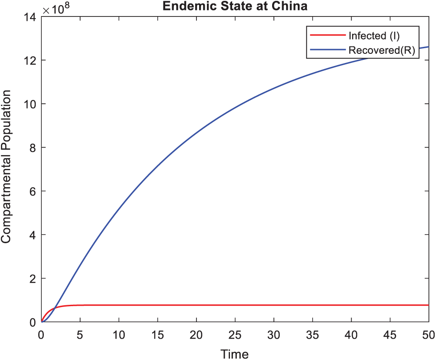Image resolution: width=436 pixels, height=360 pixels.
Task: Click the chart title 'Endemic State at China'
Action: click(235, 7)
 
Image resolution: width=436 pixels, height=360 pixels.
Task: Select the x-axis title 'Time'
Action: click(235, 353)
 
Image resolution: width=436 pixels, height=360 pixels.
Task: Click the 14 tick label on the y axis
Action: click(31, 17)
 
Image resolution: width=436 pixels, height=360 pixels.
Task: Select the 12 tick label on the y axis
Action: click(31, 60)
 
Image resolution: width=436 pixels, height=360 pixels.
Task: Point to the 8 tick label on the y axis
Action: click(33, 147)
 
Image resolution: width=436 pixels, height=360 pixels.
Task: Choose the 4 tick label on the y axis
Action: click(33, 234)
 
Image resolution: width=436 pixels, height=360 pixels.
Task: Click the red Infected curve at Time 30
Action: click(274, 305)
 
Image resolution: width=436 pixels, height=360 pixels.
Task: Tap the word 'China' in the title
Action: click(290, 7)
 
